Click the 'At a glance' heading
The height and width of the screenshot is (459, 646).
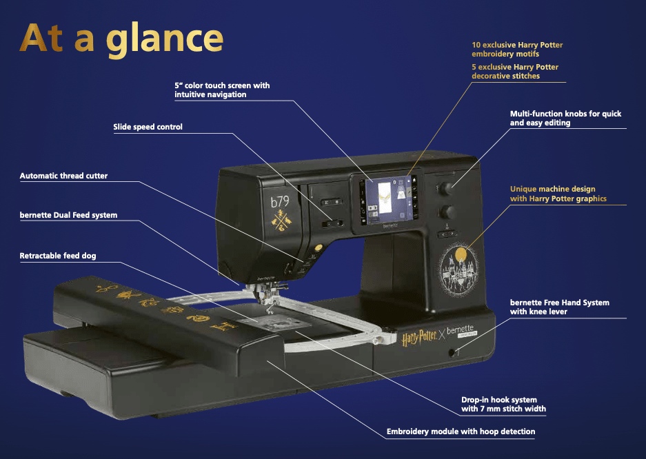pyautogui.click(x=121, y=39)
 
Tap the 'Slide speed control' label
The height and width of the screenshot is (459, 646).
pyautogui.click(x=148, y=127)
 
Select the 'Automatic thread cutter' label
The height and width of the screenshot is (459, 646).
pyautogui.click(x=63, y=176)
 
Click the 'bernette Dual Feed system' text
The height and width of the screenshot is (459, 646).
pyautogui.click(x=68, y=215)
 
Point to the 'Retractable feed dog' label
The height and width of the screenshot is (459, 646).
pyautogui.click(x=58, y=256)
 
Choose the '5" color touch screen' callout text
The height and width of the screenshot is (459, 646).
pyautogui.click(x=222, y=90)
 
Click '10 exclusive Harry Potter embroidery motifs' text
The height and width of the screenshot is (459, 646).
pyautogui.click(x=517, y=50)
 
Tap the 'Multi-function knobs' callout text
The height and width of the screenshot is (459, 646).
pyautogui.click(x=565, y=118)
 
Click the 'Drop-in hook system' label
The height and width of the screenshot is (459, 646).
pyautogui.click(x=503, y=405)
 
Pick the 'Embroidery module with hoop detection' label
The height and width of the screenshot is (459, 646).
pyautogui.click(x=461, y=431)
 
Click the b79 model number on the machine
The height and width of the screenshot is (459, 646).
pyautogui.click(x=280, y=202)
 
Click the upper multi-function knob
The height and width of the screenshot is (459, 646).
pyautogui.click(x=445, y=189)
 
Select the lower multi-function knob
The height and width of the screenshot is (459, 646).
pyautogui.click(x=446, y=212)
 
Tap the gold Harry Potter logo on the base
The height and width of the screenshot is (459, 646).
pyautogui.click(x=419, y=338)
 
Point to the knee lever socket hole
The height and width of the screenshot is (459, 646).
pyautogui.click(x=452, y=353)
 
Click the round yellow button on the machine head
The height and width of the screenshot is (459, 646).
pyautogui.click(x=318, y=248)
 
